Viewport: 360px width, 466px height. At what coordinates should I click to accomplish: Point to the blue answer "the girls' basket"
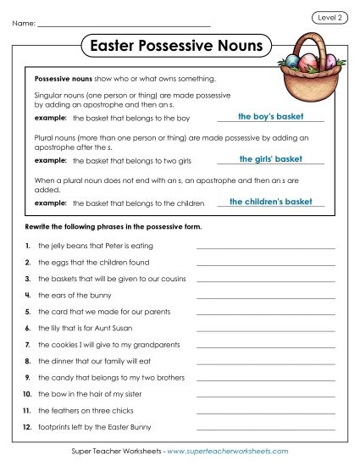270,158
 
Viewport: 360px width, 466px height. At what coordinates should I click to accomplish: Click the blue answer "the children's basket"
270,202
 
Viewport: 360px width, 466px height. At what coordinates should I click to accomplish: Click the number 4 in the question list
28,295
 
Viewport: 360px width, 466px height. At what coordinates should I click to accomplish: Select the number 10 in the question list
27,393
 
